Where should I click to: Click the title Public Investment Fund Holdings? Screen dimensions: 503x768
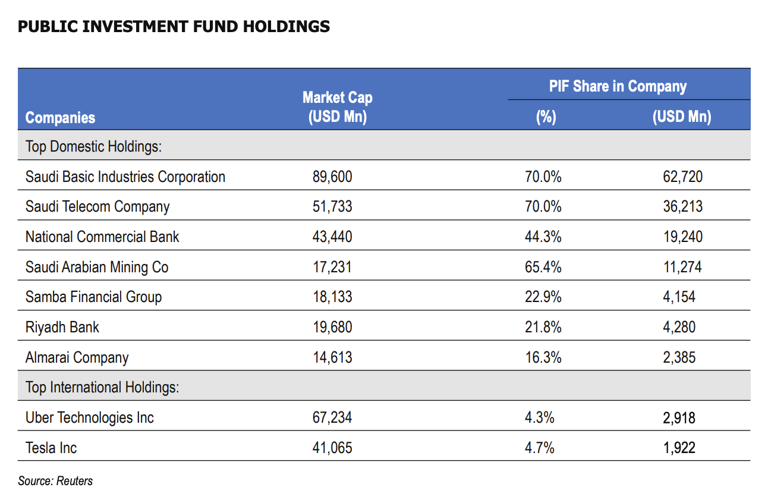point(174,27)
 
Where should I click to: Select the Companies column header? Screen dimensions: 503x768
point(60,118)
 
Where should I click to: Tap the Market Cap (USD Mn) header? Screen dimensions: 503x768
point(337,107)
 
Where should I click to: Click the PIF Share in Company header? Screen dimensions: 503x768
point(618,86)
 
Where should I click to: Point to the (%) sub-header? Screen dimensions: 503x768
point(545,117)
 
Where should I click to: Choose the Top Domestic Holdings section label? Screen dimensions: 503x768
point(93,146)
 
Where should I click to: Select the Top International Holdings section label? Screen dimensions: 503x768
point(102,388)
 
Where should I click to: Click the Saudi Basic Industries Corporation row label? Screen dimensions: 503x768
point(125,177)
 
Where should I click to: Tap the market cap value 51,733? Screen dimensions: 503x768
point(332,207)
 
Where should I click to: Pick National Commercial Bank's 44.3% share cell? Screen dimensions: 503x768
point(543,237)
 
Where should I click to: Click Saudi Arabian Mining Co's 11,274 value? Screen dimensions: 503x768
point(682,267)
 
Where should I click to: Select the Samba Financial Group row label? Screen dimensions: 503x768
point(93,297)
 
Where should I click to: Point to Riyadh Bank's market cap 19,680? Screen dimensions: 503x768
point(332,327)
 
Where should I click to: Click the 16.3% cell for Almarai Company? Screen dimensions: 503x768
point(543,357)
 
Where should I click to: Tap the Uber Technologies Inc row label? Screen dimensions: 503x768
point(90,418)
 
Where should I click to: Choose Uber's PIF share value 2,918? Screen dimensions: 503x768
point(679,418)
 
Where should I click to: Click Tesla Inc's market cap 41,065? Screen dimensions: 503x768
point(332,448)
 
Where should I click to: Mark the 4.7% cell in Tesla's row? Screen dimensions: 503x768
point(540,448)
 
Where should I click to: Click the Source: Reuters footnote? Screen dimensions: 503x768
point(55,481)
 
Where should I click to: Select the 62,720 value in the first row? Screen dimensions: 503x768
point(682,177)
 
